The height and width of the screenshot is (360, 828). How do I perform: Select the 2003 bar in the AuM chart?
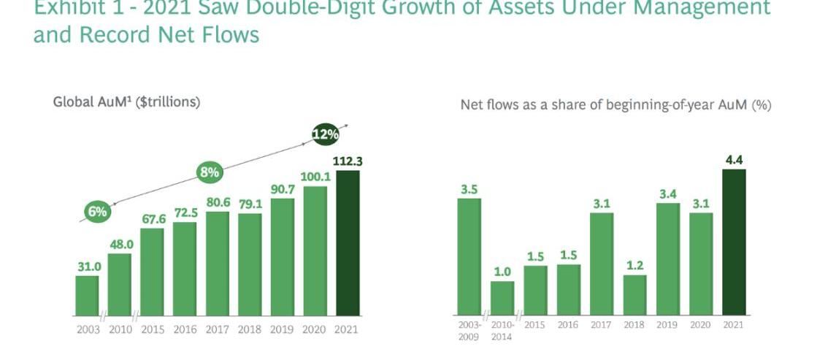pos(87,295)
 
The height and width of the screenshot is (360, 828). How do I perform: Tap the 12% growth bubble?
pos(325,134)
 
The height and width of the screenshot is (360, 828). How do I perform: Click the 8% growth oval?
pos(210,173)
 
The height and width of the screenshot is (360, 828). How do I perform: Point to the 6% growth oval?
pos(97,212)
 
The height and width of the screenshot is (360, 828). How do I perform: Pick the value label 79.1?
pos(250,204)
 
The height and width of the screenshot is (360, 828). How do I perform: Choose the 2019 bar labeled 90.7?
pos(283,256)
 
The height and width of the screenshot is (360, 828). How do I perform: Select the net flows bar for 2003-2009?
pos(469,256)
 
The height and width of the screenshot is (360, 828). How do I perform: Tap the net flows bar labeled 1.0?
pos(502,297)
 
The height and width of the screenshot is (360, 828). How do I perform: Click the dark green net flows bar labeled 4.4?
pos(734,241)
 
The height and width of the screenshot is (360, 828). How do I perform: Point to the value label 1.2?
pos(635,264)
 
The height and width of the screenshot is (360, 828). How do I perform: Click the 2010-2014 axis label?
pos(502,330)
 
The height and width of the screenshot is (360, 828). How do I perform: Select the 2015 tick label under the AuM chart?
pos(153,330)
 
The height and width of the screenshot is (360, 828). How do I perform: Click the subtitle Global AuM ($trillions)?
pos(126,102)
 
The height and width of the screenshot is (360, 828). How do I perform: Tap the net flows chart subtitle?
pos(616,105)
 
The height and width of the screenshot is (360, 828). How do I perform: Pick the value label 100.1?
pos(315,177)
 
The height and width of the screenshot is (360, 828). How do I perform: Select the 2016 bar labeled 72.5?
pos(185,268)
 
